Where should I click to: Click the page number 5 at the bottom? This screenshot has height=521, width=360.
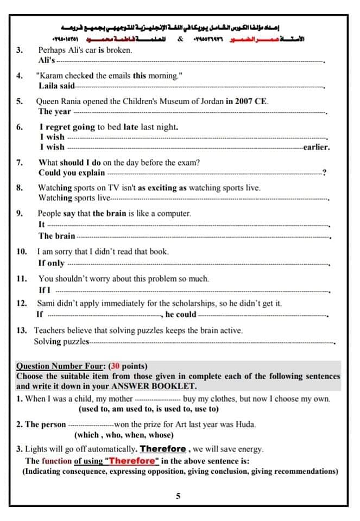(x=179, y=496)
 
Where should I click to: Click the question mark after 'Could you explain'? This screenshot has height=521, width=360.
(x=324, y=173)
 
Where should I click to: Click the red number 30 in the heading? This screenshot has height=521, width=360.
(x=116, y=366)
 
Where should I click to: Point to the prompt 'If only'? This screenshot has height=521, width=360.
(x=52, y=263)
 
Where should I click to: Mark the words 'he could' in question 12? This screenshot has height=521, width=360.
(x=181, y=314)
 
